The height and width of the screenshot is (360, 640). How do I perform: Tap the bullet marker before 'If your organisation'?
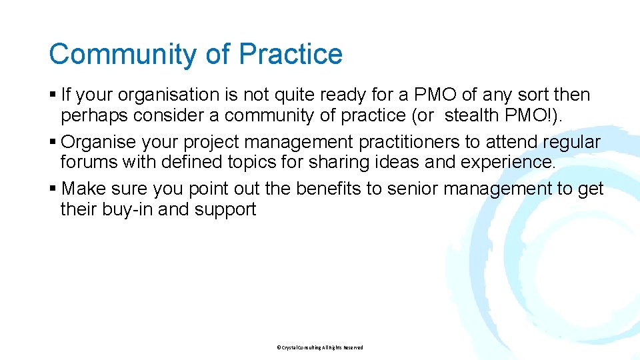coord(53,95)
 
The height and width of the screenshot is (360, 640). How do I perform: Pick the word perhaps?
coord(94,116)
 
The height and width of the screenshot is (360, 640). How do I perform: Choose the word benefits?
coord(326,189)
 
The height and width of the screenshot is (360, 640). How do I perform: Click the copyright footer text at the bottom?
coord(319,347)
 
